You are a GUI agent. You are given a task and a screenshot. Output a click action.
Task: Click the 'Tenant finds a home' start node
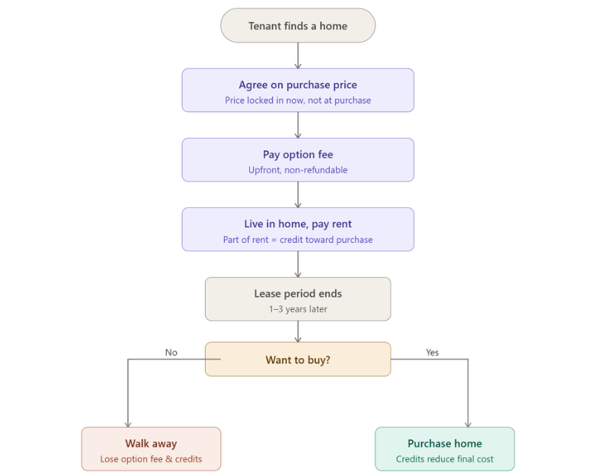tap(298, 26)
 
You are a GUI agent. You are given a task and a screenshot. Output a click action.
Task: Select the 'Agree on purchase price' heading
tap(298, 85)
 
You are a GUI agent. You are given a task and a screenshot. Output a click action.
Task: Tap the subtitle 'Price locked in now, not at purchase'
tap(298, 101)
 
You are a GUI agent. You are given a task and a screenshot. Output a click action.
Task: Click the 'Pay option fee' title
tap(298, 155)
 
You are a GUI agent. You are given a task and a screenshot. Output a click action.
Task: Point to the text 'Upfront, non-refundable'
tap(298, 171)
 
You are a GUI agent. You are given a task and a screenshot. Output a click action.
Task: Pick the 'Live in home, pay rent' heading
tap(298, 224)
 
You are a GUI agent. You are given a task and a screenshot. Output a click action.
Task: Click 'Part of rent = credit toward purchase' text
tap(298, 240)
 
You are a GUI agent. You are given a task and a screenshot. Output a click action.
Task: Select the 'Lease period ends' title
tap(298, 293)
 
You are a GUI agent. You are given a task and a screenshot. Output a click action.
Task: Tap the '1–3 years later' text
tap(298, 309)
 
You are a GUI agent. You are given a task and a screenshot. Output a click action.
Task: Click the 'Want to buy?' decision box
tap(298, 359)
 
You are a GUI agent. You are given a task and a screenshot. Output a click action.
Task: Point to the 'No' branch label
tap(171, 353)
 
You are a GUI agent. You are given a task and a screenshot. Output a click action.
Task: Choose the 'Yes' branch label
tap(432, 353)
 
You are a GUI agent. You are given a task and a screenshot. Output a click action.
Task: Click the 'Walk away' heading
tap(151, 443)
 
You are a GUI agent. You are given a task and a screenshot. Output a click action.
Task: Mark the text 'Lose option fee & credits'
tap(151, 459)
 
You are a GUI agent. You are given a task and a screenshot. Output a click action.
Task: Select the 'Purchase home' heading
tap(445, 443)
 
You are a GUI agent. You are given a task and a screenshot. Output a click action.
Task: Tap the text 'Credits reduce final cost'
tap(445, 459)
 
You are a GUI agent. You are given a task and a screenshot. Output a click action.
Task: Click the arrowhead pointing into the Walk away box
tap(128, 423)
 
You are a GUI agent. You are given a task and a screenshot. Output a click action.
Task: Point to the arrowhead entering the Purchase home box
tap(468, 423)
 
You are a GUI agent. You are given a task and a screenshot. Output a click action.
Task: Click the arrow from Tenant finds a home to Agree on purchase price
tap(298, 55)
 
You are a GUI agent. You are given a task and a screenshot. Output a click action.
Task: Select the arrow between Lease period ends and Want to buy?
tap(298, 331)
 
